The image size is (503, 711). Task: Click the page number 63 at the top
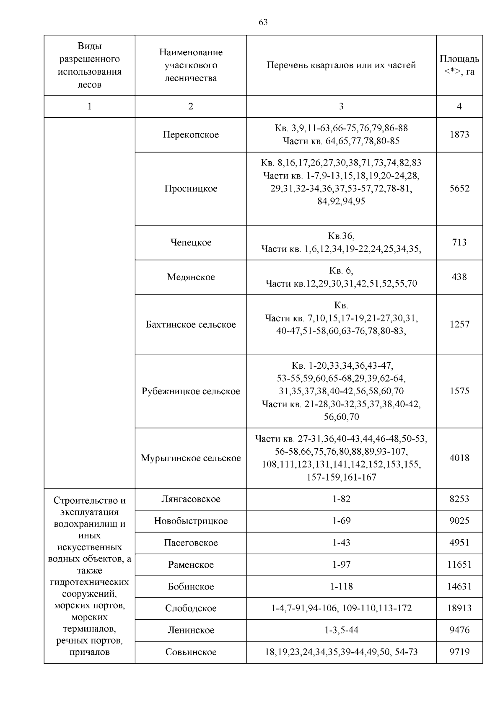[x=263, y=22]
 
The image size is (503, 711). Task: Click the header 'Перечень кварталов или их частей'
[x=341, y=65]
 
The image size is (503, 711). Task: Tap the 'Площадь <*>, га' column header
[x=459, y=65]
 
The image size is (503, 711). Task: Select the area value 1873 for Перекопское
[x=459, y=134]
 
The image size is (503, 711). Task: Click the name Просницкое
[x=191, y=189]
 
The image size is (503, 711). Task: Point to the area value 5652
[x=459, y=189]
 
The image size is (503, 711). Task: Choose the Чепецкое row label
[x=191, y=243]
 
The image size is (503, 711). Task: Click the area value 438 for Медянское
[x=459, y=277]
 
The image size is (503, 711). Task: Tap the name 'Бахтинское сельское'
[x=191, y=325]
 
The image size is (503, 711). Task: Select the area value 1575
[x=459, y=391]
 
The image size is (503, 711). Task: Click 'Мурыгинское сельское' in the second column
[x=191, y=458]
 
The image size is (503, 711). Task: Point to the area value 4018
[x=459, y=458]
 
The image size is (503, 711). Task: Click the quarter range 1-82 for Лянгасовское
[x=341, y=499]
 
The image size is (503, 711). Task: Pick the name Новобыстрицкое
[x=191, y=521]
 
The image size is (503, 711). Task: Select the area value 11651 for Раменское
[x=459, y=565]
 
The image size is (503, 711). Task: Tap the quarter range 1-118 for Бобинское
[x=341, y=587]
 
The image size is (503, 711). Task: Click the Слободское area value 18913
[x=459, y=608]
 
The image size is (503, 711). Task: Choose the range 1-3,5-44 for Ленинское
[x=341, y=630]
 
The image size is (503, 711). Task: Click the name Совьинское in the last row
[x=191, y=652]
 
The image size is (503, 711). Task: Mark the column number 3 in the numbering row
[x=341, y=106]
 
